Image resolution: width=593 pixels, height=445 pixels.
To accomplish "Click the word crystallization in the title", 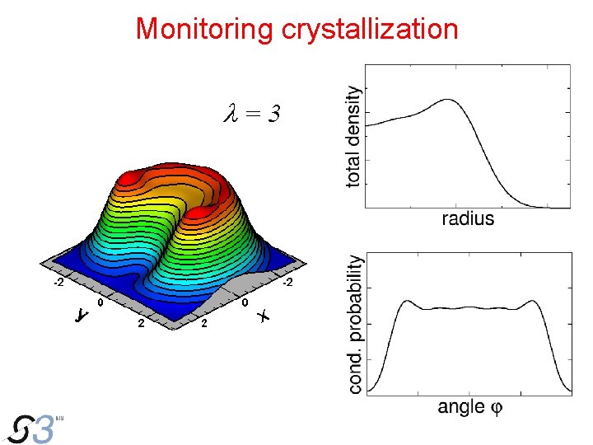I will coord(369,29).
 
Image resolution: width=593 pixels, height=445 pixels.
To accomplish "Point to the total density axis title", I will coord(353,136).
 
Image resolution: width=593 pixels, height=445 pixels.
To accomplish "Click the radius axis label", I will coord(467,218).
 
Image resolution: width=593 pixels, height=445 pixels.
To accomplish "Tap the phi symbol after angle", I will coord(496,407).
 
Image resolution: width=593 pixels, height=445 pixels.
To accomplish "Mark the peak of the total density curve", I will coord(449,100).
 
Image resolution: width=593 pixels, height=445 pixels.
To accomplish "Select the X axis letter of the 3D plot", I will coord(264,316).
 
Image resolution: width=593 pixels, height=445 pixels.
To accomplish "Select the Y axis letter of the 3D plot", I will coord(81,315).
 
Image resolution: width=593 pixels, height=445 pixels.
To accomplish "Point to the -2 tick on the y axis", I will coord(58,283).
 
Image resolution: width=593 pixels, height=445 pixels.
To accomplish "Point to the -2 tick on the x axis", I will coord(287,283).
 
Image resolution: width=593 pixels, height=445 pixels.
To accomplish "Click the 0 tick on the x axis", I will coord(245,303).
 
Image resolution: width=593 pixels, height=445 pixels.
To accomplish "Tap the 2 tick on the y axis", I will coord(141,323).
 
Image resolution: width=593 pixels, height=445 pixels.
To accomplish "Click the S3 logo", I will coord(33,429).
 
